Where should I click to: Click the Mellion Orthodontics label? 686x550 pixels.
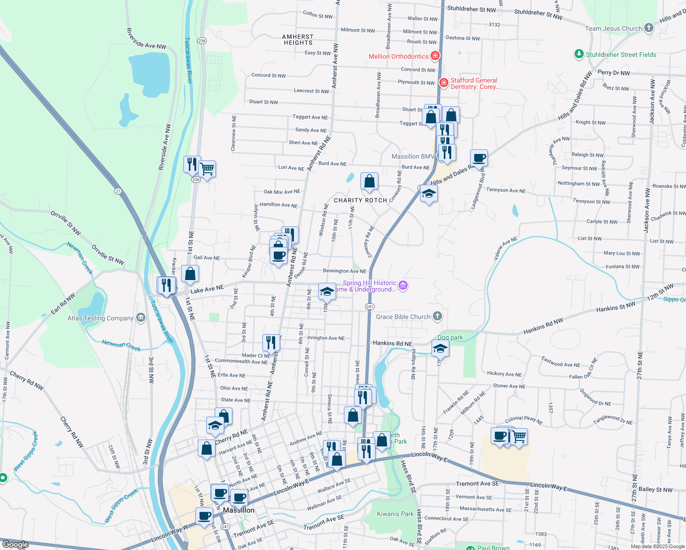(398, 56)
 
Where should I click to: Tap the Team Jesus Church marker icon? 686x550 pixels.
(648, 28)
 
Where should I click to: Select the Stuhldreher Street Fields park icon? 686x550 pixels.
(579, 55)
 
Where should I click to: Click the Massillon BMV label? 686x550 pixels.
(413, 156)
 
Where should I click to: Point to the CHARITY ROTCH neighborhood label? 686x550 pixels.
(360, 200)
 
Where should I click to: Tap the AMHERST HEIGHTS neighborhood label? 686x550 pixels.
(298, 39)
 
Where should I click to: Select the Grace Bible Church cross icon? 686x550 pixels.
(437, 316)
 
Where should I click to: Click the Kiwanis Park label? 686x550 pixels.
(395, 514)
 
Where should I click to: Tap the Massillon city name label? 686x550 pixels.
(238, 510)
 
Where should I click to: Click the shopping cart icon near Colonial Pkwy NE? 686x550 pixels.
(519, 436)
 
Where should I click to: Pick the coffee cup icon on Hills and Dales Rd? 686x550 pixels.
(479, 158)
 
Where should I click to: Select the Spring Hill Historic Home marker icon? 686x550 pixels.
(403, 286)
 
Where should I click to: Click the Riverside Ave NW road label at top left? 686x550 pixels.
(146, 38)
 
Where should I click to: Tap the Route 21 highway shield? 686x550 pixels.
(118, 191)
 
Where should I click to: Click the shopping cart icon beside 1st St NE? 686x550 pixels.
(207, 169)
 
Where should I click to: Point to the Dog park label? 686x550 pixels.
(450, 337)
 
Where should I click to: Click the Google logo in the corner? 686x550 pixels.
(15, 544)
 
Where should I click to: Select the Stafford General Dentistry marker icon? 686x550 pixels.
(443, 83)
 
